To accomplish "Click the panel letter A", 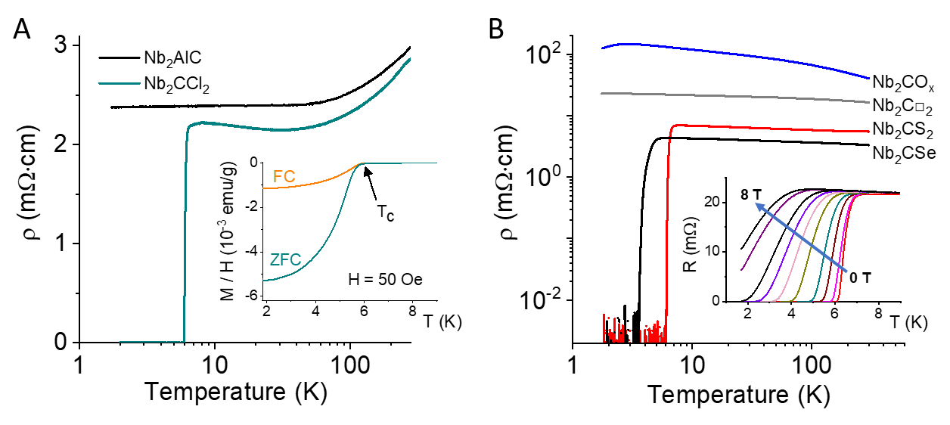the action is click(x=22, y=29).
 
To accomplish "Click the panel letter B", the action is click(x=496, y=29).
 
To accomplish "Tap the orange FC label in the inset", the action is click(x=284, y=176).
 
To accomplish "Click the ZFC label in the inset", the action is click(x=285, y=259).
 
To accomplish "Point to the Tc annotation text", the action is click(x=386, y=212).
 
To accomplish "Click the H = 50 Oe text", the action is click(x=385, y=280).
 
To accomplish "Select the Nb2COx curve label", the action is click(x=903, y=82).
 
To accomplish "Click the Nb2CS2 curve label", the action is click(x=903, y=129).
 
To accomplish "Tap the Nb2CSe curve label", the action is click(x=904, y=153).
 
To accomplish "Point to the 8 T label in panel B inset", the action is click(x=751, y=194).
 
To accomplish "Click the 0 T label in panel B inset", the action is click(x=861, y=278).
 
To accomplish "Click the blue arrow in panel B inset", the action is click(x=801, y=238).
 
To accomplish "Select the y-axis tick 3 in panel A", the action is click(x=61, y=45).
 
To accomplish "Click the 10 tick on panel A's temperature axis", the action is click(x=215, y=365).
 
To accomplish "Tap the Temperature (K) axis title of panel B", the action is click(x=738, y=395).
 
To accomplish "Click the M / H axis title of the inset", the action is click(x=228, y=231).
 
